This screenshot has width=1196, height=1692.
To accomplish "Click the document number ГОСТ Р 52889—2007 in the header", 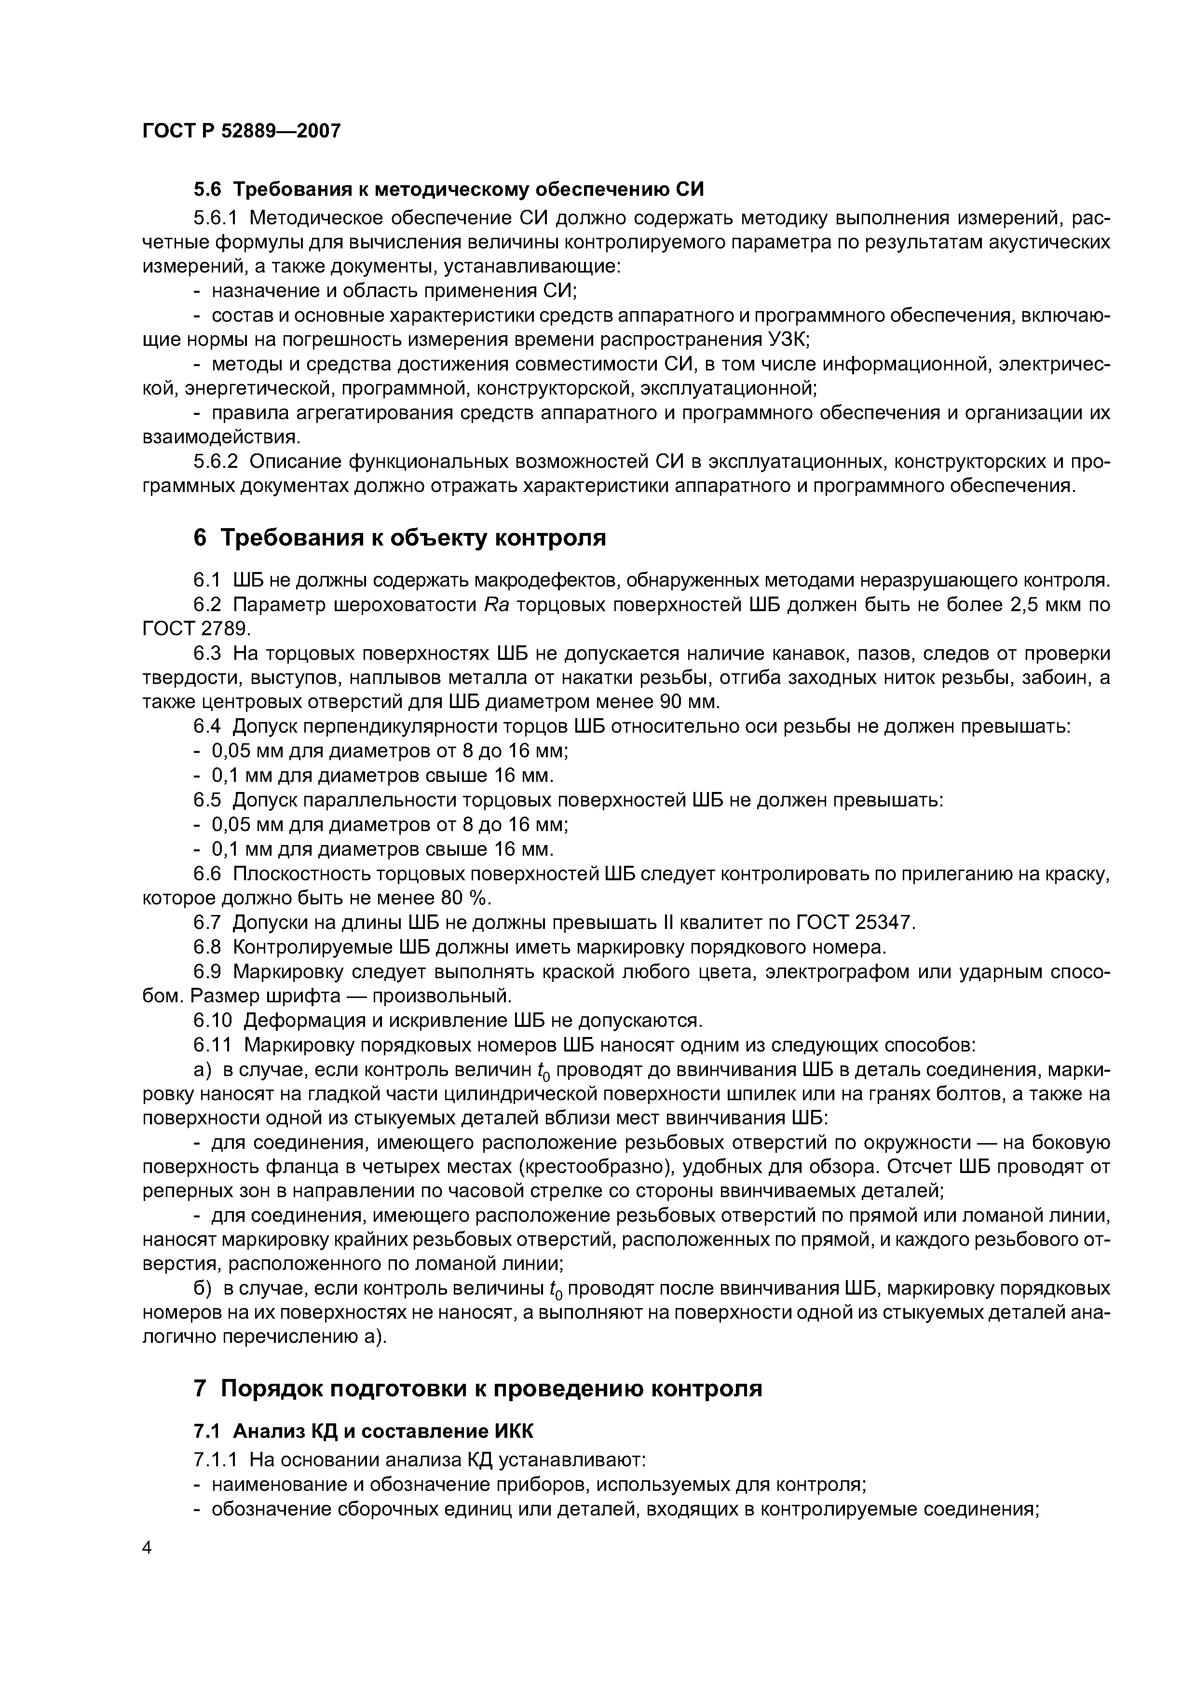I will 241,131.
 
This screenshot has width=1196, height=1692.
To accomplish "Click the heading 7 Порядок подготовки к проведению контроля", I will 477,1389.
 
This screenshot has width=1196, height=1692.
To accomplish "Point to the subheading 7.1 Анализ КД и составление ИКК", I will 363,1431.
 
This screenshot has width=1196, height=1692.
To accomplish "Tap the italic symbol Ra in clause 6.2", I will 493,605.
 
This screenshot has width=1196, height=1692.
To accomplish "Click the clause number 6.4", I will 206,726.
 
